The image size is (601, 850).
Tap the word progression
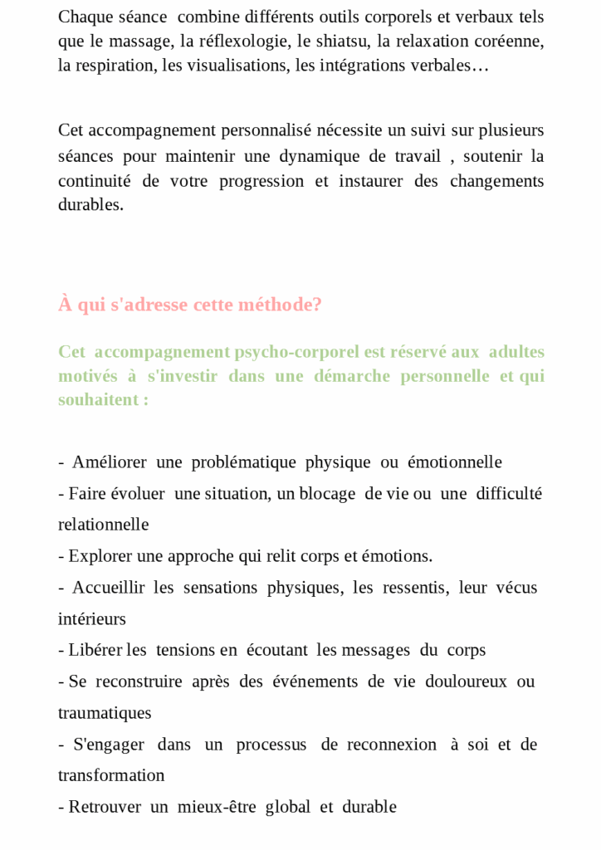point(261,181)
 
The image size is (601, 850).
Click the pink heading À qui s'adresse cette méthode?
point(190,305)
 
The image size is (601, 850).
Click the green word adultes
point(516,352)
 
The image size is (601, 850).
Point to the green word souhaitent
point(99,399)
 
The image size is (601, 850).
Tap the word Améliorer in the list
point(110,462)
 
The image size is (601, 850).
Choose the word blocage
point(327,494)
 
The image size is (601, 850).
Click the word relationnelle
point(104,525)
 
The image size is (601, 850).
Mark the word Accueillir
point(108,588)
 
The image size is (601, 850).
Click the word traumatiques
point(105,713)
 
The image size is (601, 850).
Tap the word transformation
point(111,775)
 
